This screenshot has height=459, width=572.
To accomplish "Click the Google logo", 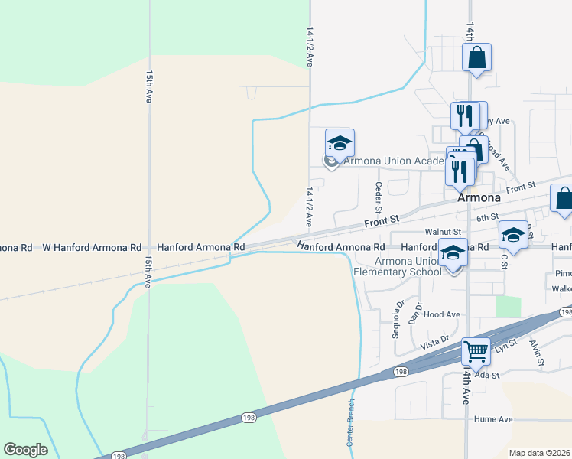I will (x=26, y=450).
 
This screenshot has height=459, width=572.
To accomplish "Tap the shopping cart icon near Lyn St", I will (x=476, y=352).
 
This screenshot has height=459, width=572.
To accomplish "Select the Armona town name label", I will (x=479, y=197).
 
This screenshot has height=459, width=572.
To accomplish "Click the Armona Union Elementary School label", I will (x=397, y=265).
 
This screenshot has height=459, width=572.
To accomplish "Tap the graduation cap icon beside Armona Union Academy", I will (x=340, y=143).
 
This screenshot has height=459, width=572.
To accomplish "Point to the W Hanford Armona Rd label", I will (x=93, y=248).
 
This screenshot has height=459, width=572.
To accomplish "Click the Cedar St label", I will (x=378, y=197).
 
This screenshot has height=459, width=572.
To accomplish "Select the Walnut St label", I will (x=444, y=232).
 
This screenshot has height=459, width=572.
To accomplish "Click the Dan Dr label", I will (x=416, y=311).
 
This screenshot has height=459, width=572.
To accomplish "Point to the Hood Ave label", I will (x=442, y=314).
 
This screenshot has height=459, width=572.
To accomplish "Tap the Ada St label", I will (x=486, y=375).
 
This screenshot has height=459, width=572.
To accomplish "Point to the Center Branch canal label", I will (x=351, y=423).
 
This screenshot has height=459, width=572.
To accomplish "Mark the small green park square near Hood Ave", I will (x=507, y=306).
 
